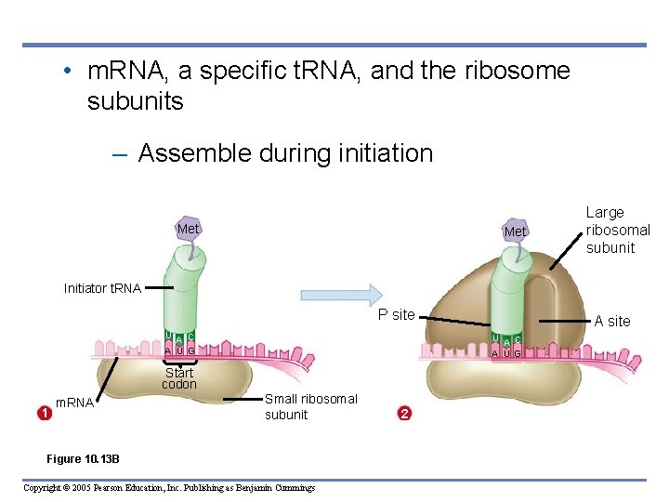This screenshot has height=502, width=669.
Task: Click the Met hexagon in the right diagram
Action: pos(515,231)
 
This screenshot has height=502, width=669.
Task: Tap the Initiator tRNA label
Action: pos(102,288)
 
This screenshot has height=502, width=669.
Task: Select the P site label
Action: pos(396,314)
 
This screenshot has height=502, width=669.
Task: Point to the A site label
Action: pos(612,321)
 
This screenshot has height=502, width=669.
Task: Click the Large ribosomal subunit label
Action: pos(618,230)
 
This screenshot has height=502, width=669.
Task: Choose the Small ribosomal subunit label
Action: pos(310,406)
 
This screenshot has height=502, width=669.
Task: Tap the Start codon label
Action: pos(179,378)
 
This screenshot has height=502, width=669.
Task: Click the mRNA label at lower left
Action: pos(74,403)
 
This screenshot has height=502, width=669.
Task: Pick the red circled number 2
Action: pos(403,414)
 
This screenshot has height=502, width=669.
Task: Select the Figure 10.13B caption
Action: pos(83,459)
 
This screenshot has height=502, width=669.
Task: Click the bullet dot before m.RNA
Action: pos(69,72)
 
